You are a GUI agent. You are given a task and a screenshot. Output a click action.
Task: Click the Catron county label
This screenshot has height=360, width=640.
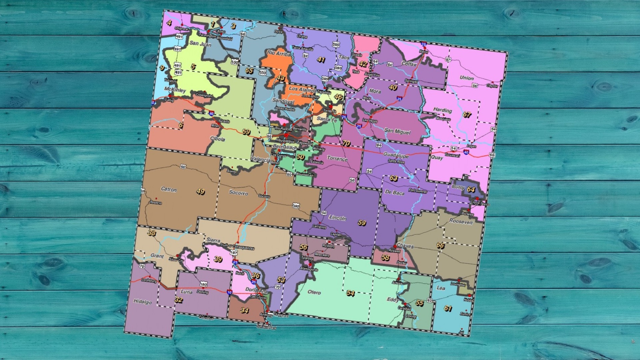click(x=169, y=189)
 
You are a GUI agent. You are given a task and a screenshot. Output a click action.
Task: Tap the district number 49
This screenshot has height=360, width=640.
click(x=200, y=191)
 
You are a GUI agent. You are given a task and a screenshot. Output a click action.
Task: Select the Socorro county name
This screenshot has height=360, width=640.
click(x=238, y=193)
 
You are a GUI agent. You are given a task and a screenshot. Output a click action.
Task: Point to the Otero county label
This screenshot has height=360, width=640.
click(x=314, y=292)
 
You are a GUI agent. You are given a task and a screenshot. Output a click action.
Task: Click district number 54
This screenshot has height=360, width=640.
click(x=350, y=293)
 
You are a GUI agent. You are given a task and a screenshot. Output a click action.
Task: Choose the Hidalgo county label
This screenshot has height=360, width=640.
click(x=142, y=302)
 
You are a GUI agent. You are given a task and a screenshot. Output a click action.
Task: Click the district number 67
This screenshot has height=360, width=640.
click(x=467, y=115)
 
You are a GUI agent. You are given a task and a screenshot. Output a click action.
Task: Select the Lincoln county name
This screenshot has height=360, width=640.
click(x=338, y=218)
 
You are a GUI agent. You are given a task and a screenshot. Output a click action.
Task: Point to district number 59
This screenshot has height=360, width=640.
click(x=362, y=222)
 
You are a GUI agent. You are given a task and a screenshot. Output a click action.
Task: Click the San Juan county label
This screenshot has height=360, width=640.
click(x=200, y=44)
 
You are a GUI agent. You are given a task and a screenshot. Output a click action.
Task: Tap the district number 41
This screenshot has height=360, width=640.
click(x=321, y=60)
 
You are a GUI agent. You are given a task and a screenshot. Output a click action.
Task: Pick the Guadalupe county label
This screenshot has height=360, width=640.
click(x=396, y=155)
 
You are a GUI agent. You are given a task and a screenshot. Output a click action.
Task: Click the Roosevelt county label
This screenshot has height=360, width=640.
click(x=461, y=221)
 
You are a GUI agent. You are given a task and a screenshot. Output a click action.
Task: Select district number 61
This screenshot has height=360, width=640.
click(x=448, y=309)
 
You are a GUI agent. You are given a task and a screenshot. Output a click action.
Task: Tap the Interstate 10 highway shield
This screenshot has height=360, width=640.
click(x=229, y=292)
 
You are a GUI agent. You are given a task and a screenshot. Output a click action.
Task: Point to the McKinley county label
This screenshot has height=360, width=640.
click(x=175, y=90)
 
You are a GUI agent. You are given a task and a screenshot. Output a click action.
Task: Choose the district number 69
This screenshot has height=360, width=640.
click(x=246, y=132)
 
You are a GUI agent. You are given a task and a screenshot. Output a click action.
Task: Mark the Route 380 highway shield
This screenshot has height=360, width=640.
click(x=296, y=206)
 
